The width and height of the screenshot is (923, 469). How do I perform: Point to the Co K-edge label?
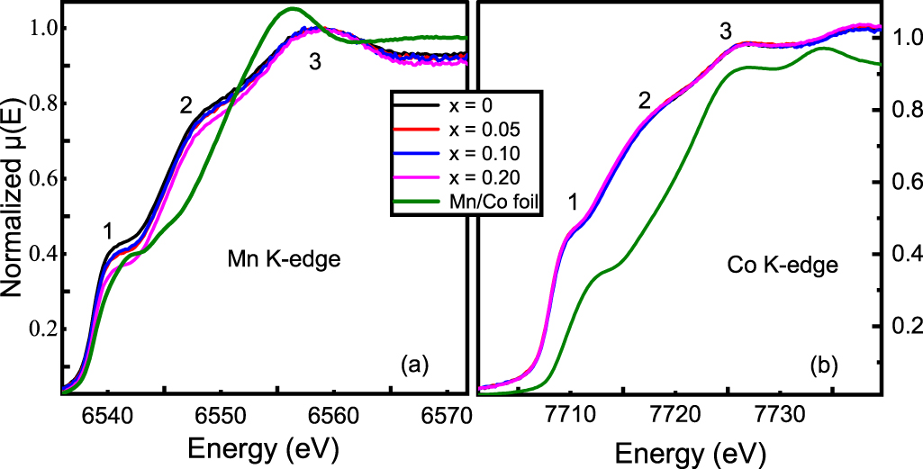[782, 266]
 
